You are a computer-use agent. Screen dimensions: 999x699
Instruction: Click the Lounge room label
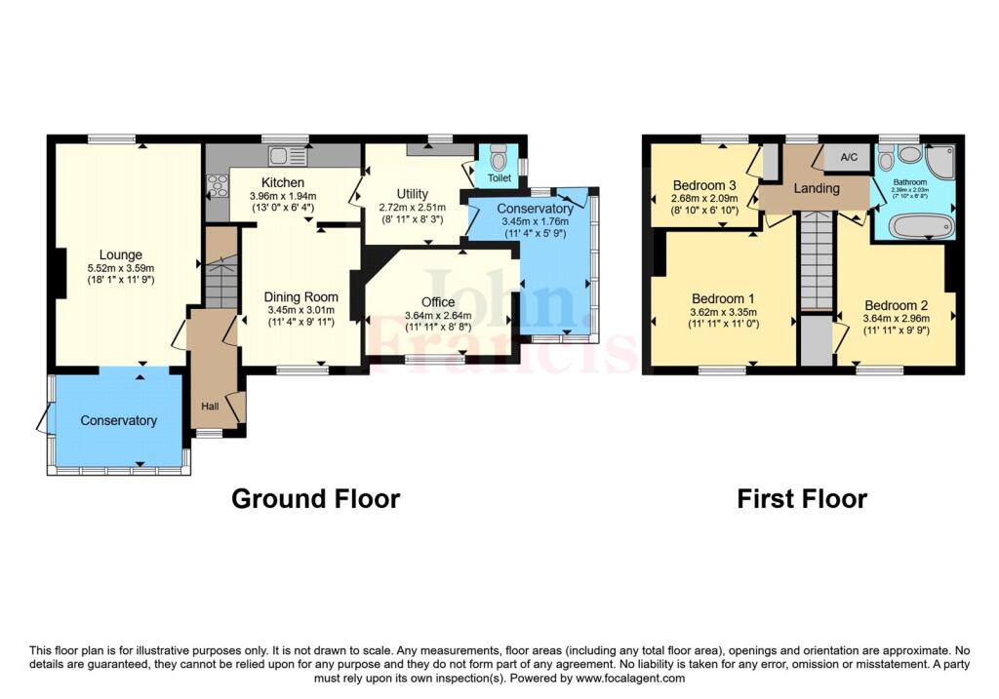(x=120, y=255)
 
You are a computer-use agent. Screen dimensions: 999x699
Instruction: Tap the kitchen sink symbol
(x=288, y=155)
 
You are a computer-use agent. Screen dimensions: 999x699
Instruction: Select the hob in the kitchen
(x=217, y=185)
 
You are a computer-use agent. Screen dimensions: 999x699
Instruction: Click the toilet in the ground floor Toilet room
(x=499, y=157)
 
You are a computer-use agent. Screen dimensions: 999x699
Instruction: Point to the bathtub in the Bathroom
(x=921, y=226)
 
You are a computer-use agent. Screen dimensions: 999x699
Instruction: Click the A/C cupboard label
(x=849, y=157)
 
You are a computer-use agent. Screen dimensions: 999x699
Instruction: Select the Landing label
(x=817, y=188)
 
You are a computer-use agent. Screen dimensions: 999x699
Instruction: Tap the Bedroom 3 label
(x=704, y=185)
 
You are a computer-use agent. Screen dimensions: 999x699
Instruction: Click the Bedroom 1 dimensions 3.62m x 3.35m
(x=723, y=313)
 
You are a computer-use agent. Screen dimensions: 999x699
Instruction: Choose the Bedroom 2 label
(x=896, y=305)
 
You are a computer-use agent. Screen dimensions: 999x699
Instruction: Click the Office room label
(x=438, y=302)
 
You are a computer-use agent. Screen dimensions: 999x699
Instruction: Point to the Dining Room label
(x=300, y=297)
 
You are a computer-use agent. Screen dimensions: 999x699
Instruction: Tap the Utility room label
(x=413, y=194)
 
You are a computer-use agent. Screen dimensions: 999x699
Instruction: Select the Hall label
(x=210, y=407)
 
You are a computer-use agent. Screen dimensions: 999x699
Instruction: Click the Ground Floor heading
(x=315, y=498)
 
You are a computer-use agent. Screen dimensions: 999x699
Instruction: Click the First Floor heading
(x=802, y=498)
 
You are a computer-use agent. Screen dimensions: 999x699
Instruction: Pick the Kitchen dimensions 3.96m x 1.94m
(x=283, y=197)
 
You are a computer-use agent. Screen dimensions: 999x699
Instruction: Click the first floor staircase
(x=817, y=261)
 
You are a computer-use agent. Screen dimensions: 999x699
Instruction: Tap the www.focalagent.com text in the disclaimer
(x=630, y=679)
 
